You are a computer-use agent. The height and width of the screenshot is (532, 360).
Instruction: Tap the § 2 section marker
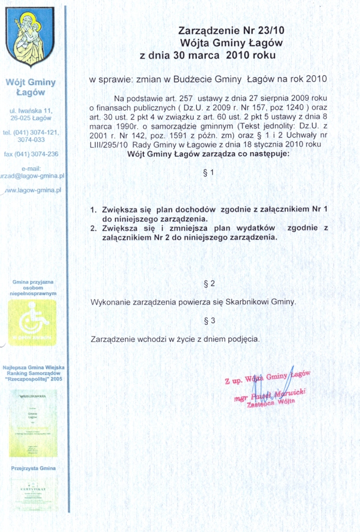pyautogui.click(x=209, y=283)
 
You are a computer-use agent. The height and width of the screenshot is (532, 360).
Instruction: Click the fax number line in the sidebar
pyautogui.click(x=31, y=154)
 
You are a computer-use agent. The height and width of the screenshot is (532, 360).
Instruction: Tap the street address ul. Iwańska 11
pyautogui.click(x=31, y=111)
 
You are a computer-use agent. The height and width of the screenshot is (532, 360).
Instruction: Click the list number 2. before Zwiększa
pyautogui.click(x=94, y=228)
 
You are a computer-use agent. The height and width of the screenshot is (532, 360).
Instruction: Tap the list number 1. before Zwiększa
pyautogui.click(x=94, y=210)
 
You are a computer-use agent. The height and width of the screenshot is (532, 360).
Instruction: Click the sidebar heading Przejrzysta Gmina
pyautogui.click(x=33, y=468)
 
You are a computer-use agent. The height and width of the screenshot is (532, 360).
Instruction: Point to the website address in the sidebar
pyautogui.click(x=32, y=190)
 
